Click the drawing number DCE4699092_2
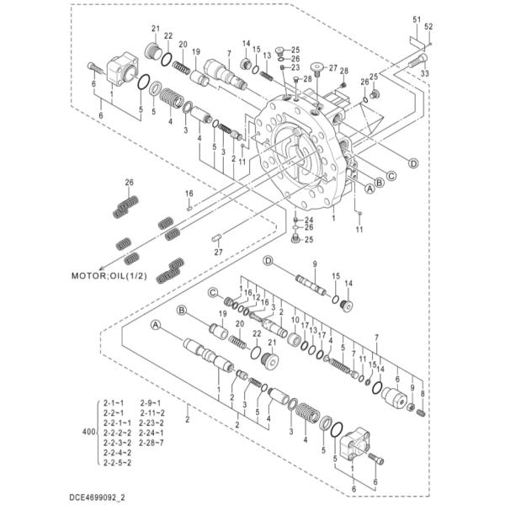97,497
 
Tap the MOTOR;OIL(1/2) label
109,276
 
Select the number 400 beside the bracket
88,432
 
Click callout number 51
417,19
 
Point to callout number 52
428,27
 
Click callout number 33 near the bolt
425,73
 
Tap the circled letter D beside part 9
268,260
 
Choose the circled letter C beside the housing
391,176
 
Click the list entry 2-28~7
151,443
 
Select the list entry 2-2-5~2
117,462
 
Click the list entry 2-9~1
151,403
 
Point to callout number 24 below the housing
309,220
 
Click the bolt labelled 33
418,61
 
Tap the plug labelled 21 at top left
154,51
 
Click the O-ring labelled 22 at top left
167,59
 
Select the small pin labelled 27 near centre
216,238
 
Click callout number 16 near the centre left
189,194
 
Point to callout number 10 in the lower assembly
295,320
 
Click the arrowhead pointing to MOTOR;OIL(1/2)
102,268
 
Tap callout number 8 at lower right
423,394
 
